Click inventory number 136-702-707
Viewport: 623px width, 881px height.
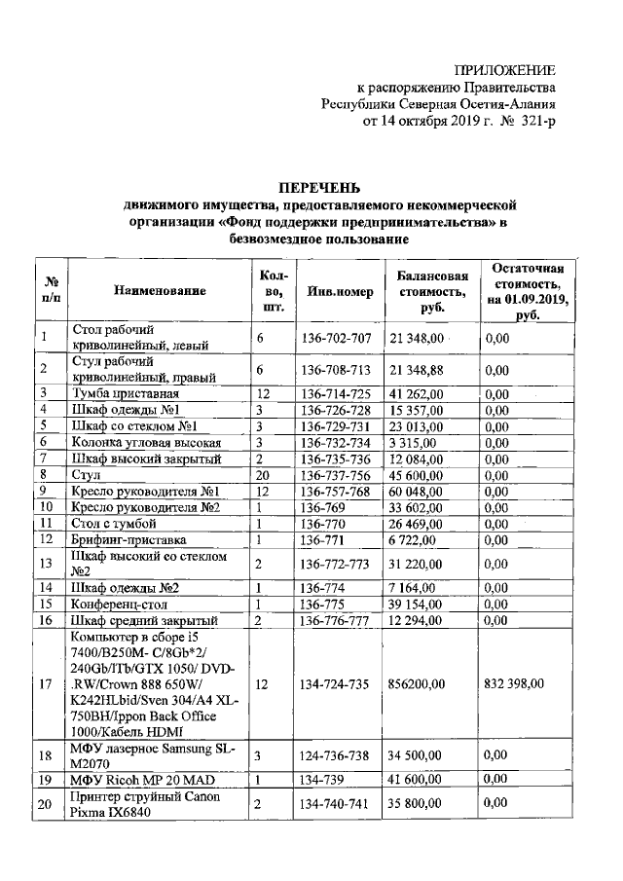pos(336,338)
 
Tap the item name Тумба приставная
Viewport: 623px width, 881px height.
pos(124,393)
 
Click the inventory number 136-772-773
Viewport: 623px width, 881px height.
pos(336,565)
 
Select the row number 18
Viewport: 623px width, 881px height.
pos(45,754)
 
